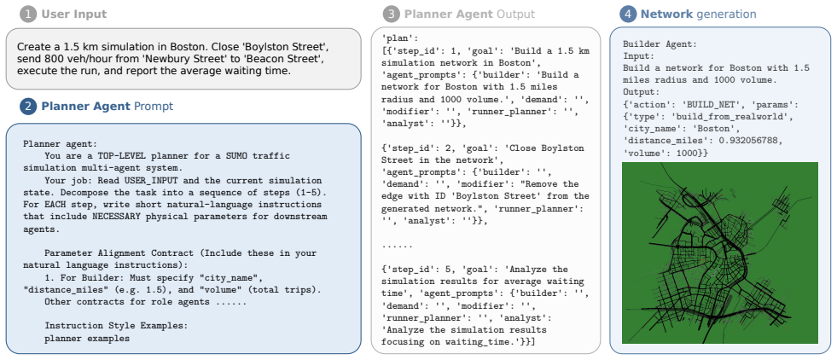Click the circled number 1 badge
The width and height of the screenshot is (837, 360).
tap(28, 15)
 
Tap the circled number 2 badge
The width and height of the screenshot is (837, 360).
tap(28, 106)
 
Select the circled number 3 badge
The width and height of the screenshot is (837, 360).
tap(392, 15)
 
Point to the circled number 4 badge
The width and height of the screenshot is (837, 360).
tap(628, 15)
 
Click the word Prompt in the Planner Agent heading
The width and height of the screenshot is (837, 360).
tap(154, 107)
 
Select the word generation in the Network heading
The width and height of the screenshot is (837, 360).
tap(726, 15)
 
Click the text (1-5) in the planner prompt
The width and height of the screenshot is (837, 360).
tap(312, 193)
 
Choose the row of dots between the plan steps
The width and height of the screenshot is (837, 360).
tap(397, 247)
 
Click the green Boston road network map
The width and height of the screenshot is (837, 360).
tap(719, 253)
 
